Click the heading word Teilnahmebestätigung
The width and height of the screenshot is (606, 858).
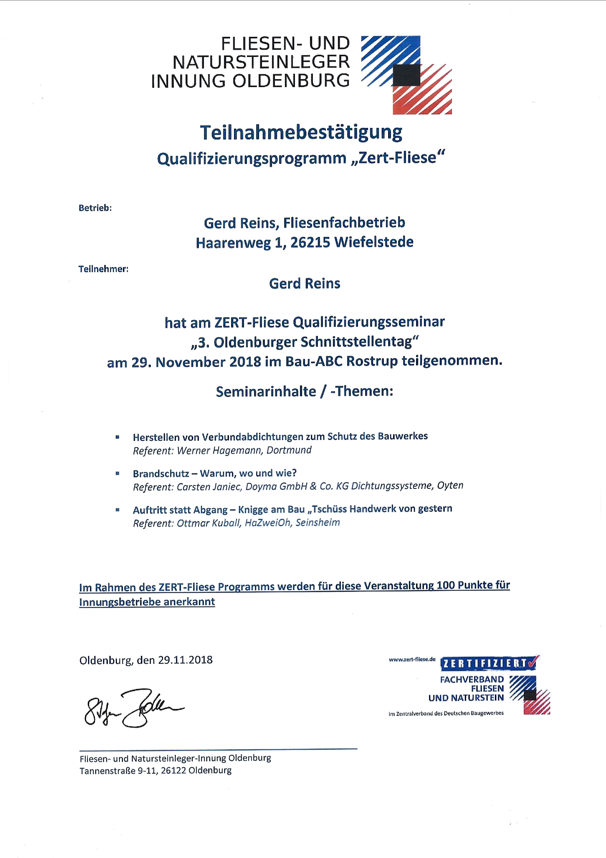click(x=301, y=133)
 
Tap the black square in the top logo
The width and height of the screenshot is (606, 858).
click(x=406, y=75)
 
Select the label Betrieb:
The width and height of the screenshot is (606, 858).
click(x=95, y=208)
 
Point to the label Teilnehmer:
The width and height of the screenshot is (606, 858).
click(x=104, y=269)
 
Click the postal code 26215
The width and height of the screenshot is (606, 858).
click(x=310, y=242)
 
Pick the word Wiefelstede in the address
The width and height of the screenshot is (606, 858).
click(x=374, y=242)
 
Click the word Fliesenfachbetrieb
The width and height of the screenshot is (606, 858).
click(x=344, y=223)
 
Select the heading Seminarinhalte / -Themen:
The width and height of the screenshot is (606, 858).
click(x=304, y=391)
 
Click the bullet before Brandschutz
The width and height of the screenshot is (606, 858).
click(x=118, y=473)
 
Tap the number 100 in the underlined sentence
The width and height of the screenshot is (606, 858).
click(x=445, y=585)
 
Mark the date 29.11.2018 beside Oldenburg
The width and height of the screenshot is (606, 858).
click(x=185, y=660)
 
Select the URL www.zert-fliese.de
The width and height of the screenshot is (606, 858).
click(x=412, y=660)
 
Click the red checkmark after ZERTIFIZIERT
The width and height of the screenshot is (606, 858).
click(x=534, y=662)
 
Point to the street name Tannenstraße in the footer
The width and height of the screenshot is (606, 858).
click(x=108, y=770)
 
